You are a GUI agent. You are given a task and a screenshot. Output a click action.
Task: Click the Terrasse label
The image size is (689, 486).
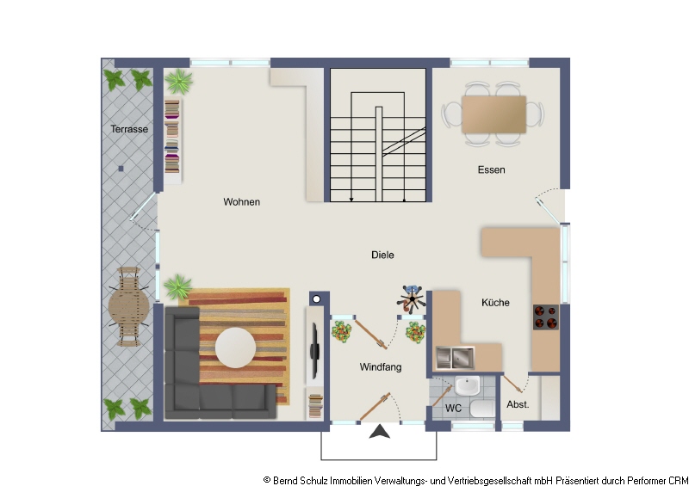click(129, 129)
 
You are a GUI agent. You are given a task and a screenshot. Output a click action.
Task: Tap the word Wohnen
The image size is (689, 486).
click(242, 202)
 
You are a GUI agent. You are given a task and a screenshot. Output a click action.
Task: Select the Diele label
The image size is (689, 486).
click(382, 255)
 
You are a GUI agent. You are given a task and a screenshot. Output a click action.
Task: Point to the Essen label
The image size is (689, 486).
click(491, 170)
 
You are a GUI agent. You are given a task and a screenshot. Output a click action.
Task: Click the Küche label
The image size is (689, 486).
click(496, 303)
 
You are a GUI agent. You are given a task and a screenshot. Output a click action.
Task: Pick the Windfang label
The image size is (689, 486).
click(381, 367)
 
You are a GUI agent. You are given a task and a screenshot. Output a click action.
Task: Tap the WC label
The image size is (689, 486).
click(453, 409)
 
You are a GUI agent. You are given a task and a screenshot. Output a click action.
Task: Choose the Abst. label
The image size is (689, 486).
click(518, 405)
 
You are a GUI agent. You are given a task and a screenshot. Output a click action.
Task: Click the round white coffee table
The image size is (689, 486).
click(235, 348)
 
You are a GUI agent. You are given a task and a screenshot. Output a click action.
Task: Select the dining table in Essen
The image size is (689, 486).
click(493, 114)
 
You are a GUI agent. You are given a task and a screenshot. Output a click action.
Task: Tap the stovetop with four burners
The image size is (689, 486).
click(546, 317)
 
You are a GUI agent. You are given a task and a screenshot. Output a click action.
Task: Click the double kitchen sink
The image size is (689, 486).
click(456, 357)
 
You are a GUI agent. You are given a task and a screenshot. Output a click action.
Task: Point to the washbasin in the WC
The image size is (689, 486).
click(467, 386)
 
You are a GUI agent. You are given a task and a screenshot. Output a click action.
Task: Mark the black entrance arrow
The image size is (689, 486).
click(380, 432)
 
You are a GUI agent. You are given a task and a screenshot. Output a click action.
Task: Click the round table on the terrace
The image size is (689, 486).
click(128, 307)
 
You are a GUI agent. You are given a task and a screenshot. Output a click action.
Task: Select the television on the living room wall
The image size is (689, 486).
click(314, 350)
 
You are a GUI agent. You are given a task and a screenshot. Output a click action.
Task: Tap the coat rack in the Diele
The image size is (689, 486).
click(412, 299)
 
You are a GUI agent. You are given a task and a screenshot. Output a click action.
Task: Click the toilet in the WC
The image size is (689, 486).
click(482, 409)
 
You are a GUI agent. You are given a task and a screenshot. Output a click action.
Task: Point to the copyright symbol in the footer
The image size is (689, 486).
click(267, 480)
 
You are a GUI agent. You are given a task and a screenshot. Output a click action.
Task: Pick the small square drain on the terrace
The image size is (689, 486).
click(121, 169)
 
